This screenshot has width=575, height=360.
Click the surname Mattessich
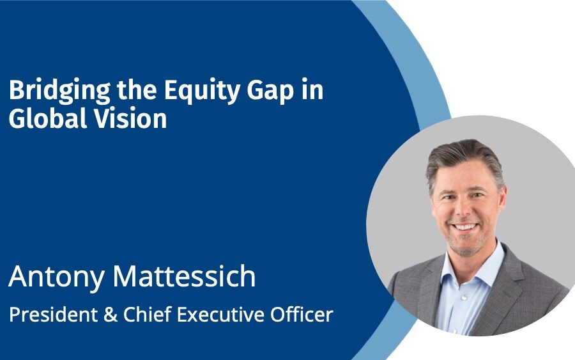point(184,276)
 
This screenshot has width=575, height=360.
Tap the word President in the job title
point(54,315)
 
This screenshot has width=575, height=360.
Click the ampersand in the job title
point(111,315)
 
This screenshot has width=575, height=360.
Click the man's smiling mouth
point(464,227)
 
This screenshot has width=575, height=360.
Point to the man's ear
point(503,198)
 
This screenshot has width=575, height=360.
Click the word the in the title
point(137,90)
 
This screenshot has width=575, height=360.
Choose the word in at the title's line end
point(312,90)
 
